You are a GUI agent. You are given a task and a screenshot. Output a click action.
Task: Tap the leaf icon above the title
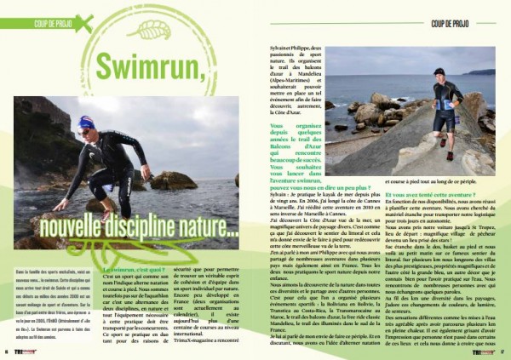click(x=154, y=31)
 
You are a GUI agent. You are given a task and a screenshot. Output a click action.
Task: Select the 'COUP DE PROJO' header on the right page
click(x=456, y=22)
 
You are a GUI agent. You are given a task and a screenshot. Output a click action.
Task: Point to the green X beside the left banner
click(x=82, y=23)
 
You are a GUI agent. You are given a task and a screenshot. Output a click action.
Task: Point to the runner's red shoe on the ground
click(x=450, y=155)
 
